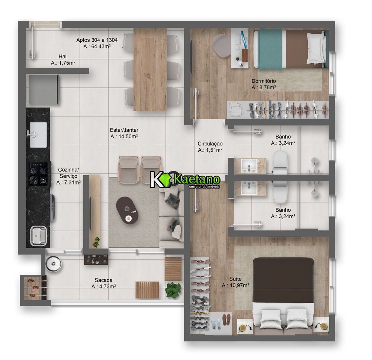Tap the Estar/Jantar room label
point(124,134)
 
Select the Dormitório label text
point(263,84)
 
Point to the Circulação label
point(210,147)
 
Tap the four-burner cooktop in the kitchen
point(39,174)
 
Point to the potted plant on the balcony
point(173,289)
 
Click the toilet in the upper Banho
point(280,162)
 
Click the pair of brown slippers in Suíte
point(227,319)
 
